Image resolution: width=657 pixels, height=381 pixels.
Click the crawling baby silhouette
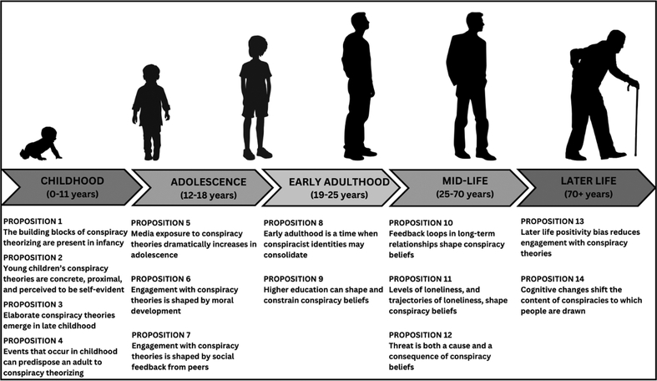(40, 144)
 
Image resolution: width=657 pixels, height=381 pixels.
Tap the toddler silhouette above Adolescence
(150, 111)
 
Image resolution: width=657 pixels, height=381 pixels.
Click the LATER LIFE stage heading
(585, 180)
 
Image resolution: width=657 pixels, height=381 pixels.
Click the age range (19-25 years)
(327, 195)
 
